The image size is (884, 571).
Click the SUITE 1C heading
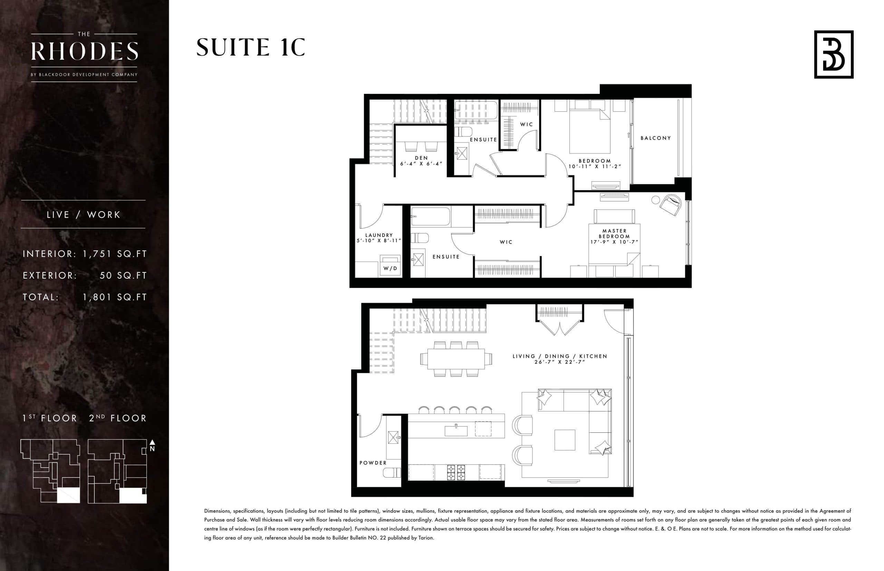pyautogui.click(x=251, y=48)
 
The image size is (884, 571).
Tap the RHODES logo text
pyautogui.click(x=85, y=51)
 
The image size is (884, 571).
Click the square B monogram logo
pyautogui.click(x=834, y=54)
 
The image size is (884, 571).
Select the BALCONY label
pyautogui.click(x=656, y=138)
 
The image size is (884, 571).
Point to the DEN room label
pyautogui.click(x=421, y=158)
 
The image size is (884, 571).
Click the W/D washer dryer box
pyautogui.click(x=390, y=266)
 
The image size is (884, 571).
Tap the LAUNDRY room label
pyautogui.click(x=379, y=235)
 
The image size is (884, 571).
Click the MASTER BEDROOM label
pyautogui.click(x=614, y=233)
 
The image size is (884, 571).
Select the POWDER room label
pyautogui.click(x=373, y=463)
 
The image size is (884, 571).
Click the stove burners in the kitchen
pyautogui.click(x=456, y=472)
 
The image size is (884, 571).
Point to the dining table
pyautogui.click(x=456, y=359)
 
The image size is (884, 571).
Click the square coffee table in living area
pyautogui.click(x=565, y=440)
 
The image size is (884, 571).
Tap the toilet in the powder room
pyautogui.click(x=392, y=472)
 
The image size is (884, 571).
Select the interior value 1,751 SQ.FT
pyautogui.click(x=115, y=254)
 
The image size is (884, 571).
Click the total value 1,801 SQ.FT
pyautogui.click(x=115, y=297)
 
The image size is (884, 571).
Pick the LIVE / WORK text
pyautogui.click(x=84, y=215)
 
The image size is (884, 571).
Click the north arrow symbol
pyautogui.click(x=152, y=442)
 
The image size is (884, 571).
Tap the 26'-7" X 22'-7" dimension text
pyautogui.click(x=559, y=362)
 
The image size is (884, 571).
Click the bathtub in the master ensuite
pyautogui.click(x=431, y=217)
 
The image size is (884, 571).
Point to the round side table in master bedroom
pyautogui.click(x=656, y=200)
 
